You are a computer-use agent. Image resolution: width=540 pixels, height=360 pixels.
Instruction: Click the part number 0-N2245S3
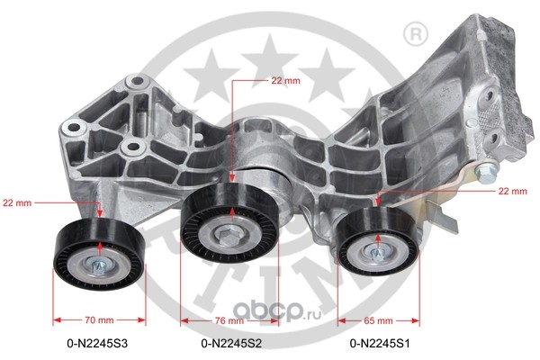point(97,343)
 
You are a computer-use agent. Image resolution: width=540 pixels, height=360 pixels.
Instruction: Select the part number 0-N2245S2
point(231,343)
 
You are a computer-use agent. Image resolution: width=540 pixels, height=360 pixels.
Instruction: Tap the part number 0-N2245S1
point(380,343)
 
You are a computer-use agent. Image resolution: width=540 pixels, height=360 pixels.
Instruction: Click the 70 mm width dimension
point(99,320)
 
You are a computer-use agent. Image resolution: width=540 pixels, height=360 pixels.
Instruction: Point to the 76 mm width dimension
point(229,320)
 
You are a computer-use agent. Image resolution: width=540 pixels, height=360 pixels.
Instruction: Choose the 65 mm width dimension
point(378,320)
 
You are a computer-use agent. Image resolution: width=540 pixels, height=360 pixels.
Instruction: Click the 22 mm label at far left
point(17,202)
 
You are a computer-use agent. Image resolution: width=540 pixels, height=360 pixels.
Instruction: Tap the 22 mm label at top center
point(285,81)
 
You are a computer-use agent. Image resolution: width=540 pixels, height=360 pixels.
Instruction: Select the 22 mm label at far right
point(512,191)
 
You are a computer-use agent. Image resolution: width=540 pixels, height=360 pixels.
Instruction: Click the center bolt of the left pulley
point(99,265)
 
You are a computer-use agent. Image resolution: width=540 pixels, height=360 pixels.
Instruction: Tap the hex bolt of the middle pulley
point(228,237)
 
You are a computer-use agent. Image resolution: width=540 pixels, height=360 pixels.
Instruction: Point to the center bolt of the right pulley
point(377,253)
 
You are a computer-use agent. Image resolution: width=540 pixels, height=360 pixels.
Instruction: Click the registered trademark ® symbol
point(415,34)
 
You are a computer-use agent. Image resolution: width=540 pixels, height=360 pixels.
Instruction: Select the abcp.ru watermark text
point(277,310)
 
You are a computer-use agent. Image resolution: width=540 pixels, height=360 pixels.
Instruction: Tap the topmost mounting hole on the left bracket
point(137,81)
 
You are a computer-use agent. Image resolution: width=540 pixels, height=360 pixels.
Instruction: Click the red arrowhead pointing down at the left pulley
point(100,214)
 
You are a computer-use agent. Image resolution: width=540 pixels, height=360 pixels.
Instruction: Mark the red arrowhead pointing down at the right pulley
point(378,202)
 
